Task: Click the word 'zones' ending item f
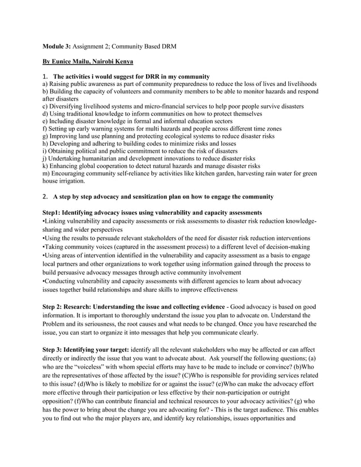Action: tap(270, 128)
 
